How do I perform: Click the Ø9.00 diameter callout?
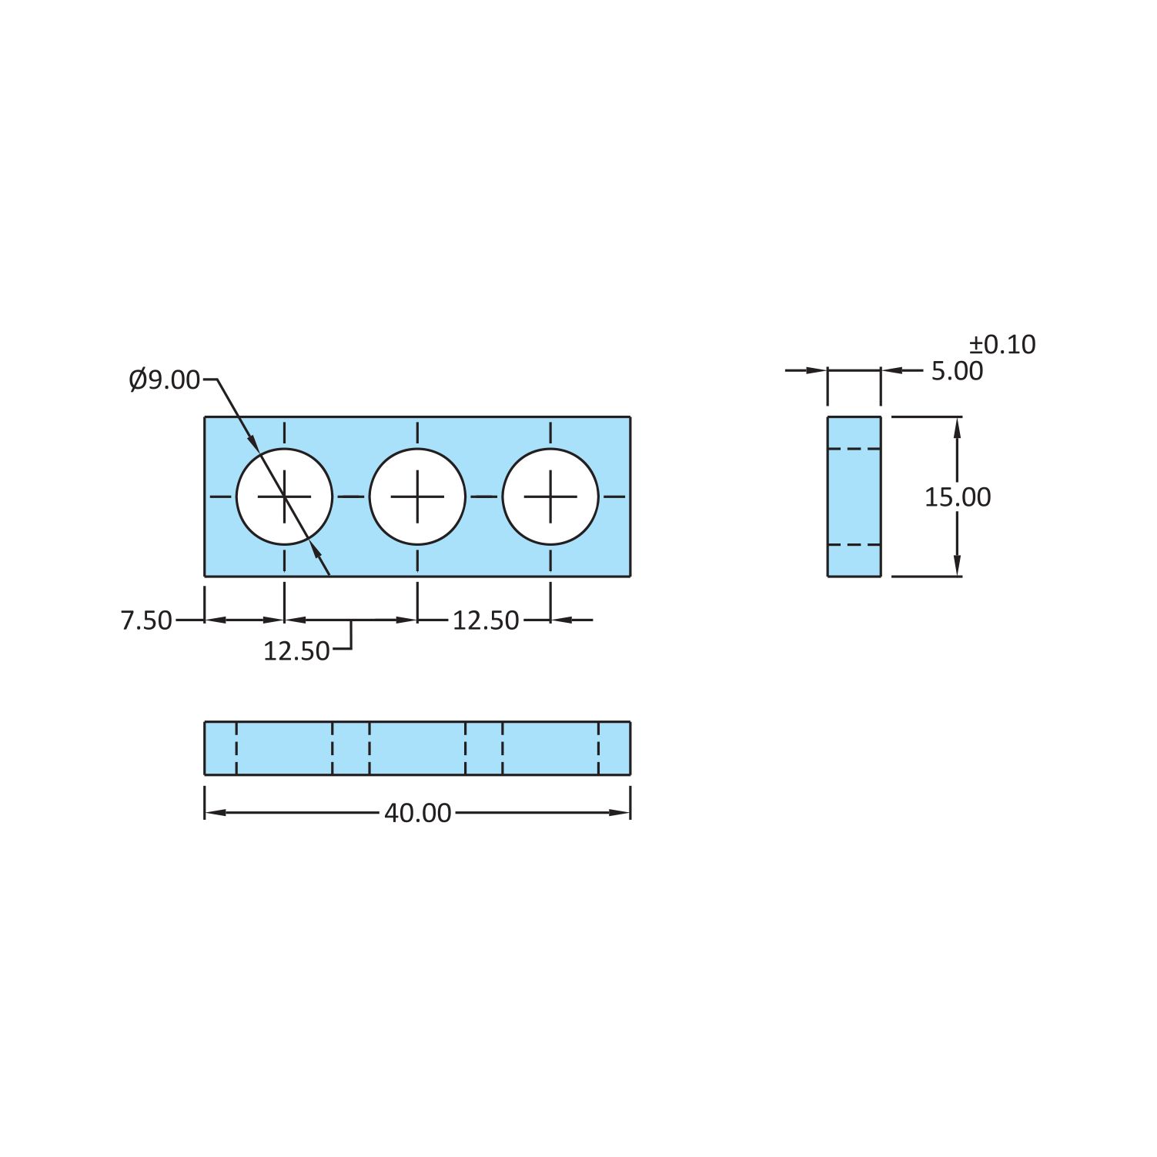tap(165, 380)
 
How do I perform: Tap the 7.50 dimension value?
tap(146, 620)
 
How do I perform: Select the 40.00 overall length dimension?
tap(417, 813)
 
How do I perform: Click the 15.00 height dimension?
tap(957, 497)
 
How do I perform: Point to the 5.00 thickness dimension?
tap(957, 371)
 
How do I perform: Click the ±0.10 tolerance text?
tap(1002, 344)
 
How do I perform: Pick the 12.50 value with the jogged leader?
tap(296, 651)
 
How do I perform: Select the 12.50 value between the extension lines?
tap(485, 620)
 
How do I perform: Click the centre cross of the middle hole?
tap(417, 497)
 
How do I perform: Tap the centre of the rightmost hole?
tap(550, 497)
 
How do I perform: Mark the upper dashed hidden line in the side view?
tap(854, 449)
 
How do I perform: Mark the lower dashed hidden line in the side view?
tap(854, 545)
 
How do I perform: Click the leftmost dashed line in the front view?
tap(236, 748)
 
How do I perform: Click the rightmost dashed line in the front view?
tap(598, 748)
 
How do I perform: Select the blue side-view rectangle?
tap(854, 497)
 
